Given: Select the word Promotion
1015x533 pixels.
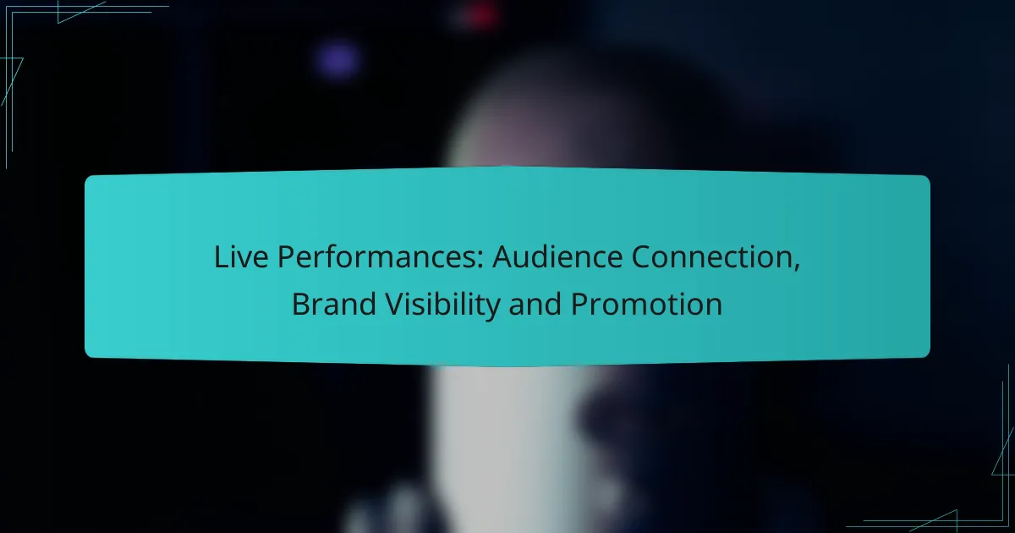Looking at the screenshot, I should (646, 305).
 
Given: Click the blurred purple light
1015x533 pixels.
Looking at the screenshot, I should (337, 59).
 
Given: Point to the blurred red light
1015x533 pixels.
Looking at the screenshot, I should (482, 14).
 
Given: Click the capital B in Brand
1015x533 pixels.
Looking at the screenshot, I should (299, 305).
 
